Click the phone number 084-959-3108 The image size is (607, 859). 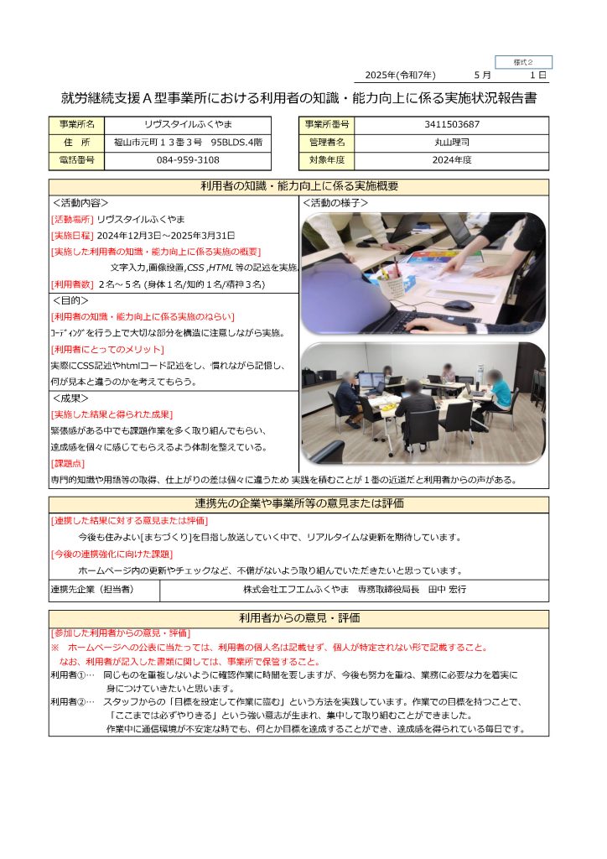(189, 159)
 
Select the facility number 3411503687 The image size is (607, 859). (452, 124)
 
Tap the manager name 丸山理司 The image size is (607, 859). (452, 142)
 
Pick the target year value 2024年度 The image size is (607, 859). (452, 159)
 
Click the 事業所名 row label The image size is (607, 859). (77, 124)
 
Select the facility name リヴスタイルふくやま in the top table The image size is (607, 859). (189, 124)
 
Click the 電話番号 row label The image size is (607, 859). (77, 159)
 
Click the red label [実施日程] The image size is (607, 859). (73, 235)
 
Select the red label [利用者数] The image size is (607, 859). (73, 284)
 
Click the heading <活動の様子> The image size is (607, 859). (335, 203)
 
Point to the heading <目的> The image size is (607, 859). (70, 300)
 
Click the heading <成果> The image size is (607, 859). (70, 398)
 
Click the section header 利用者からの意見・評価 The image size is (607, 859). (298, 618)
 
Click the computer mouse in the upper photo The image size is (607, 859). (458, 305)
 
